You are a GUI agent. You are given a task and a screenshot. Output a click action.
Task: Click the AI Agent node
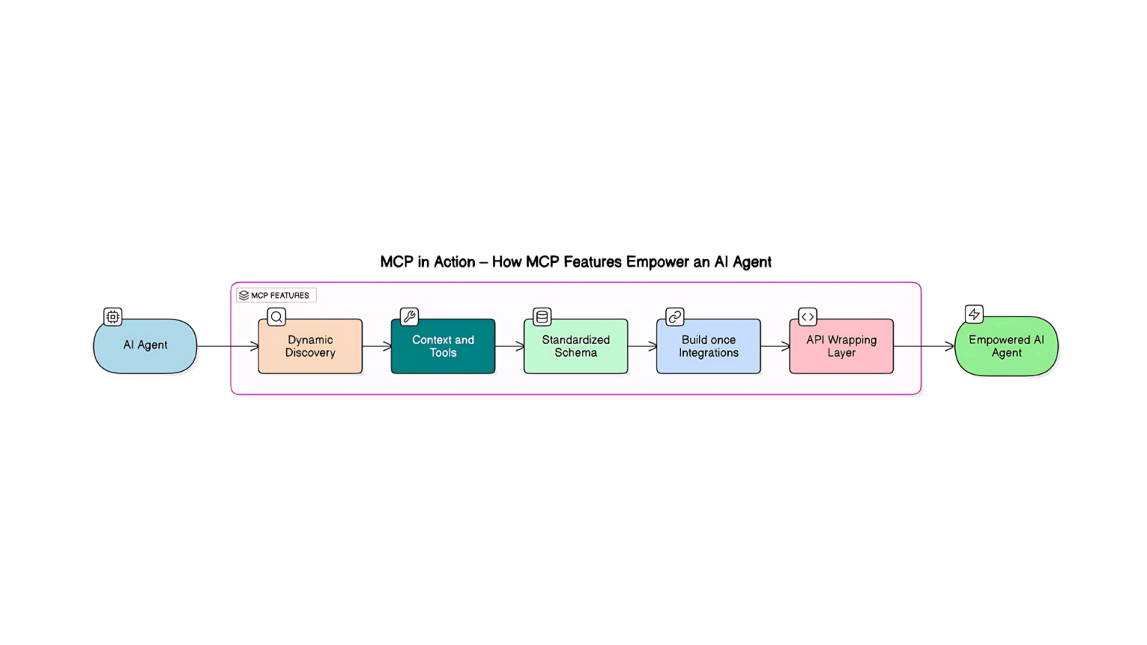tap(145, 346)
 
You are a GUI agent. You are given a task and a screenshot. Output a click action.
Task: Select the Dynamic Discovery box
tap(310, 346)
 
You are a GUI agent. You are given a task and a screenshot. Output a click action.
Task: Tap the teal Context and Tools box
tap(443, 346)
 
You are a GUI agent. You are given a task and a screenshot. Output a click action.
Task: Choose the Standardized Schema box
tap(576, 346)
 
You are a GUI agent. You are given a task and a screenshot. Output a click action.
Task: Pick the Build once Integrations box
tap(708, 346)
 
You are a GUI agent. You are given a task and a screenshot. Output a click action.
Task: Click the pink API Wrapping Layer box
tap(841, 346)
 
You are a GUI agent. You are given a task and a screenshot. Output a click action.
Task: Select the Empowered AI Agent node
tap(1006, 346)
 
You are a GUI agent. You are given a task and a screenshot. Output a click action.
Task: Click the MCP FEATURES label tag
tap(276, 296)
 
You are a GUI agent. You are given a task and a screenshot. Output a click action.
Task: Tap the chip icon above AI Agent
tap(113, 317)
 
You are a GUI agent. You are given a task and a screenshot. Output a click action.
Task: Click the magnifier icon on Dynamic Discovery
tap(276, 317)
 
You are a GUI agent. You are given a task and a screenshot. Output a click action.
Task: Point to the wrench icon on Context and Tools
tap(409, 317)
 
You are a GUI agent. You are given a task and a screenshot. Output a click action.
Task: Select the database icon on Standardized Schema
tap(542, 317)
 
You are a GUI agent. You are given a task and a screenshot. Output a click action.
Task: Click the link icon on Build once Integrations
tap(675, 317)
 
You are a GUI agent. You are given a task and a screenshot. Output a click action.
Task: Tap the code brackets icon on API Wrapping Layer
tap(807, 317)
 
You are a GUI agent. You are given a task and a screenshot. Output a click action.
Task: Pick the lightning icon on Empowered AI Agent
tap(974, 314)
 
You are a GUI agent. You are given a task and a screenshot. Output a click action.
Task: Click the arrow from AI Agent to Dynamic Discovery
tap(228, 346)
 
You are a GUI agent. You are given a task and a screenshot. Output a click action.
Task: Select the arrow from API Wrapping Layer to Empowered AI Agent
tap(924, 346)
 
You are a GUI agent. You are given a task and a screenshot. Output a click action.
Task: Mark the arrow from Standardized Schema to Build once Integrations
tap(642, 346)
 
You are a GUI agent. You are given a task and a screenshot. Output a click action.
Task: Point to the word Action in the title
tap(454, 262)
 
